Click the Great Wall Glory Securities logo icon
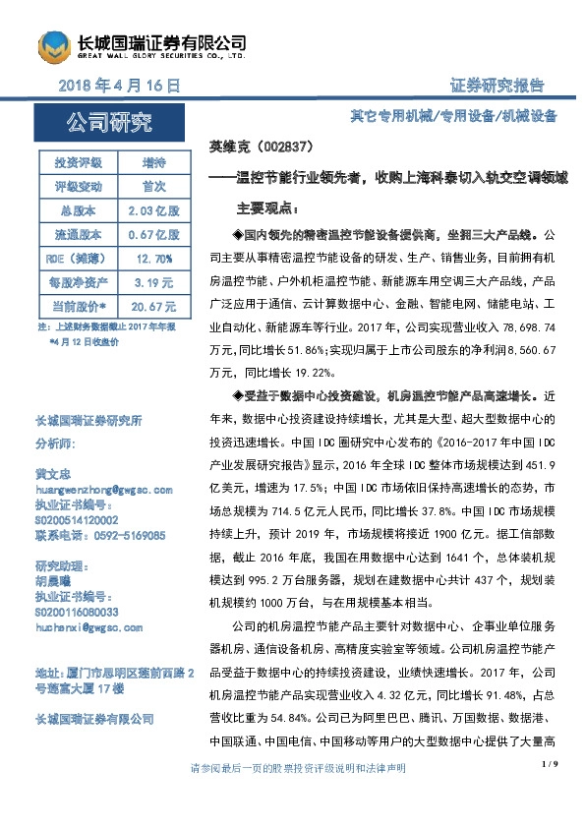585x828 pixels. (x=53, y=45)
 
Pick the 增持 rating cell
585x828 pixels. (x=153, y=162)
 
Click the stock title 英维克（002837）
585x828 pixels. (x=262, y=147)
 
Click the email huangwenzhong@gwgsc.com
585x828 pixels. (x=103, y=490)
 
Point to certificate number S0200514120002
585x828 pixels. (x=77, y=520)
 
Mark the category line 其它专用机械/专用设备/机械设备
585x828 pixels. (x=453, y=116)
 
